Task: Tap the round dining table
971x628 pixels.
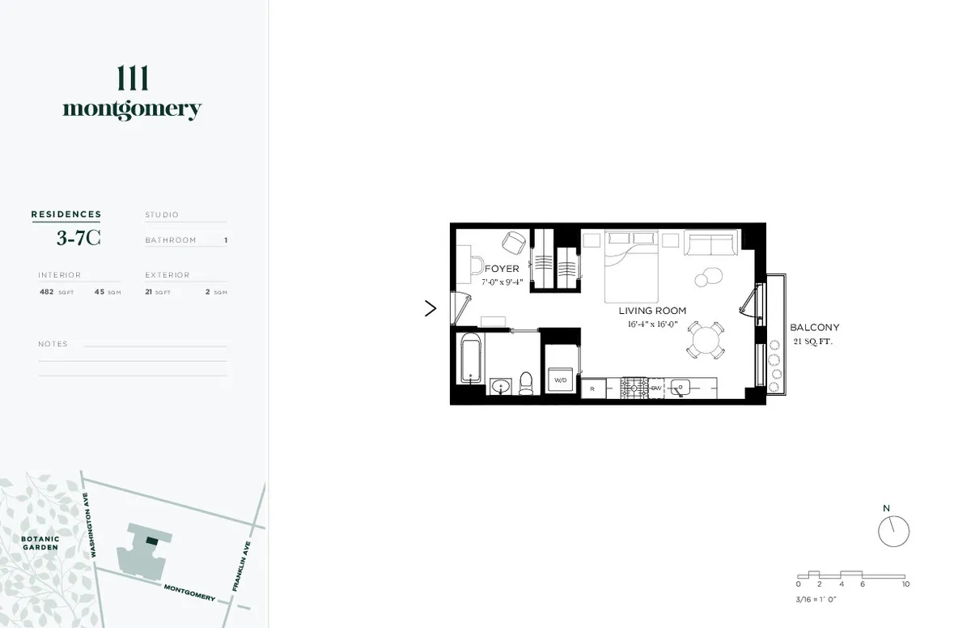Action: click(x=707, y=339)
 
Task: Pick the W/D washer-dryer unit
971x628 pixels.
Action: click(x=560, y=379)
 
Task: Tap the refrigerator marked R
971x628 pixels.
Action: click(x=593, y=389)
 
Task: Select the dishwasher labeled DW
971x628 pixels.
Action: click(x=656, y=388)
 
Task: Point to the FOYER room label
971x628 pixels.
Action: click(x=502, y=269)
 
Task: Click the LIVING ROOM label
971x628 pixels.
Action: click(x=652, y=311)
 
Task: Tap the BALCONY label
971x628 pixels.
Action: click(x=814, y=328)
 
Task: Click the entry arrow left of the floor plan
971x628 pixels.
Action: click(x=430, y=308)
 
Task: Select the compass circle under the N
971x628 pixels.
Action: click(x=893, y=532)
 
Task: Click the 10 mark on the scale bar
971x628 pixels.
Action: click(x=905, y=583)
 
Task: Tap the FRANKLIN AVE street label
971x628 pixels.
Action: click(x=240, y=566)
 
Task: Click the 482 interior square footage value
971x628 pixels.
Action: click(x=46, y=291)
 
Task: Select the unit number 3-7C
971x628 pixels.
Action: click(x=78, y=237)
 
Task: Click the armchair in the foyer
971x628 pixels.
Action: click(x=515, y=242)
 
